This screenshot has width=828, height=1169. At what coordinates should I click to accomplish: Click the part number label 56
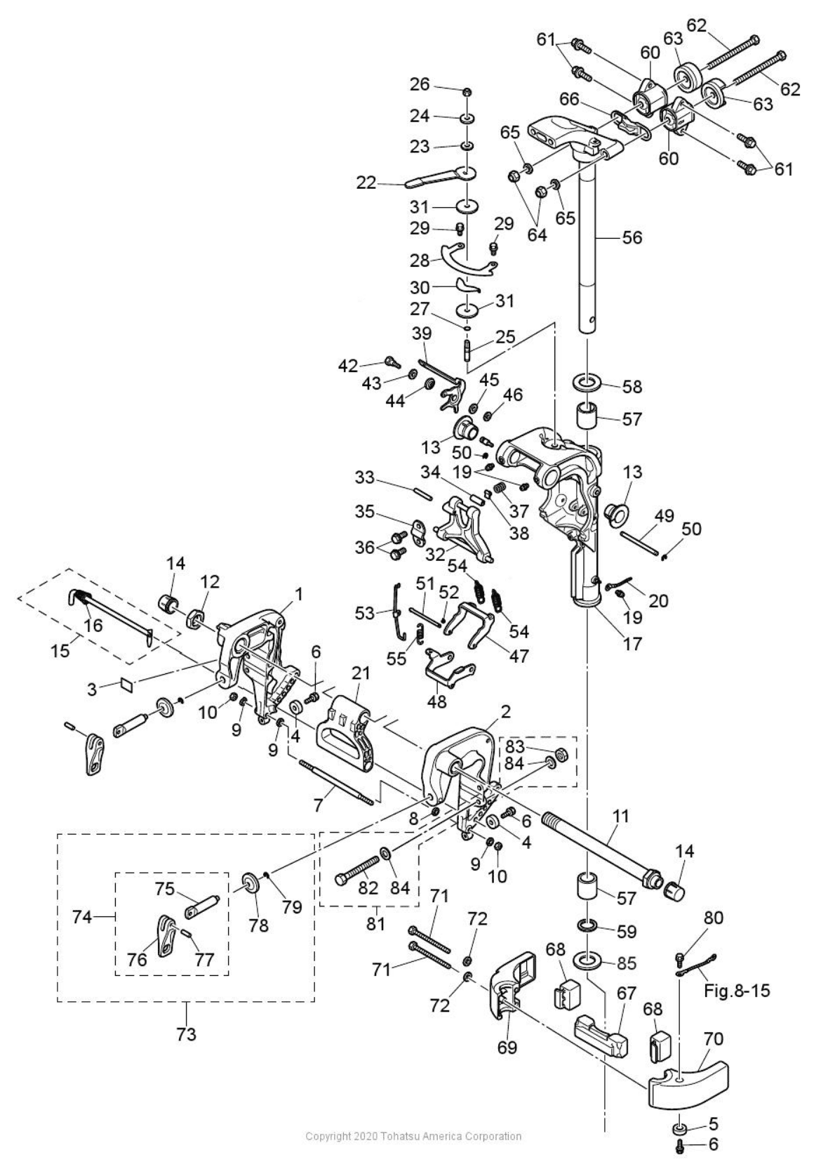point(632,238)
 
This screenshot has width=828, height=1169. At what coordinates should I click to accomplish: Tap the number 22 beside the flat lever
point(366,182)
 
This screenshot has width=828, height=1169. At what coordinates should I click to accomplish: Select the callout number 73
point(186,1033)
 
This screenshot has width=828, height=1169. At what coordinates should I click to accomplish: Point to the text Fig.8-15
point(736,991)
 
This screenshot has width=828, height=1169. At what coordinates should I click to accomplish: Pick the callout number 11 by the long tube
point(620,817)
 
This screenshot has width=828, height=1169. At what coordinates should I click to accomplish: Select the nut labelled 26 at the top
point(467,92)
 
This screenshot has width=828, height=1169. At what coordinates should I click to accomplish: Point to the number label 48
point(436,701)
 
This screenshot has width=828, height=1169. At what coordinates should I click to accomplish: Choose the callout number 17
point(632,643)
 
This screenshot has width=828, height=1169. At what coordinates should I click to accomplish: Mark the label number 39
point(422,334)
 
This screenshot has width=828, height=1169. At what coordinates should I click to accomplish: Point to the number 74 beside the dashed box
point(82,916)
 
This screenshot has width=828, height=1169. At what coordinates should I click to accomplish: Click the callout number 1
point(299,595)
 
